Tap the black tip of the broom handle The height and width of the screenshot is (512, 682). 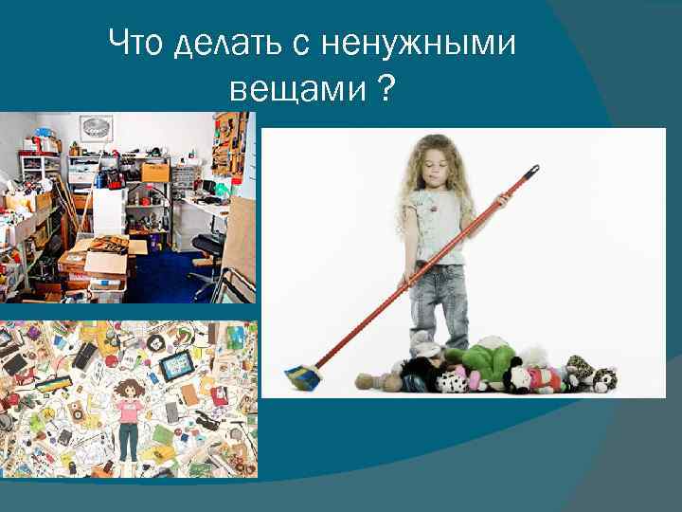coord(532,171)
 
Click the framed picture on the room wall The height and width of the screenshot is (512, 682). coord(96,128)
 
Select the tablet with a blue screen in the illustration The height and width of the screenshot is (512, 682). coord(178,366)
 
